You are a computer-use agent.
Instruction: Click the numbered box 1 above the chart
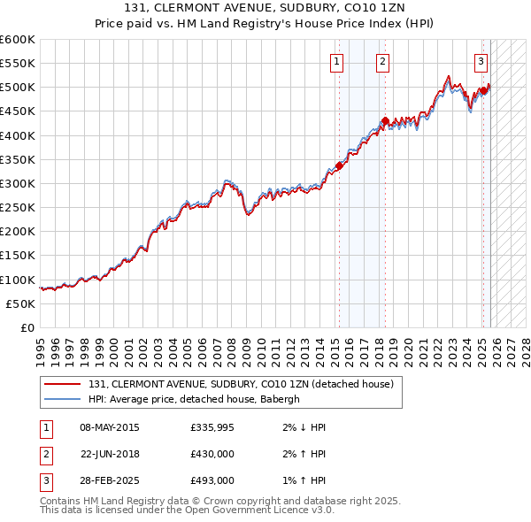click(338, 62)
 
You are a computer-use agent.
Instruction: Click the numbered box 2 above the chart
click(382, 62)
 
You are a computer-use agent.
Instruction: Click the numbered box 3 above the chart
click(481, 62)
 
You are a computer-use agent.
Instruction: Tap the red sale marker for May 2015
click(339, 165)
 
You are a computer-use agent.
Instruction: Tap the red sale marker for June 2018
click(385, 121)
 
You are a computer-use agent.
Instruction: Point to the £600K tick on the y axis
click(18, 40)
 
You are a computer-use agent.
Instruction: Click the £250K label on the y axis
click(18, 208)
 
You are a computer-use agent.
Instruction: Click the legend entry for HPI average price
click(194, 399)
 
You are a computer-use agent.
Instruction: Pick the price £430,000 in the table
click(212, 454)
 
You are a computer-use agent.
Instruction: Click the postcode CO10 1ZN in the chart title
click(319, 8)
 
